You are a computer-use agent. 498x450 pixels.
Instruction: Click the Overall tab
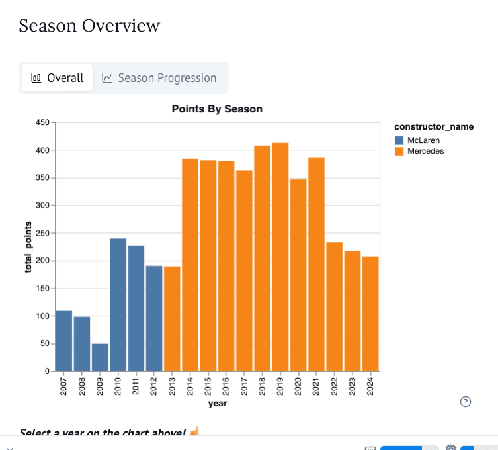click(58, 78)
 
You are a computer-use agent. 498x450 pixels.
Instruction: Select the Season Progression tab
click(159, 78)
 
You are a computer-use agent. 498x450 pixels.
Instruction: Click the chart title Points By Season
click(217, 109)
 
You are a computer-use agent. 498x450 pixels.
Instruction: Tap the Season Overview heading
click(89, 26)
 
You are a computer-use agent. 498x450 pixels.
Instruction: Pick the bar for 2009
click(100, 357)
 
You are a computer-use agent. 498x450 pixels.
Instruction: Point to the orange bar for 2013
click(172, 318)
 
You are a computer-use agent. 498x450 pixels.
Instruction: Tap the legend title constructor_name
click(433, 126)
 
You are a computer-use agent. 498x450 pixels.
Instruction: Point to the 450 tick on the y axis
click(43, 123)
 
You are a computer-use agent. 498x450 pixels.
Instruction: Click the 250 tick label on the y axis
click(43, 234)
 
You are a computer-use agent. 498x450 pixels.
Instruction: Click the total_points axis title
click(29, 247)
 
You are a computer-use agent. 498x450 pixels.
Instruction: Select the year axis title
click(217, 403)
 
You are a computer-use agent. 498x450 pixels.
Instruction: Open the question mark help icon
click(466, 402)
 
